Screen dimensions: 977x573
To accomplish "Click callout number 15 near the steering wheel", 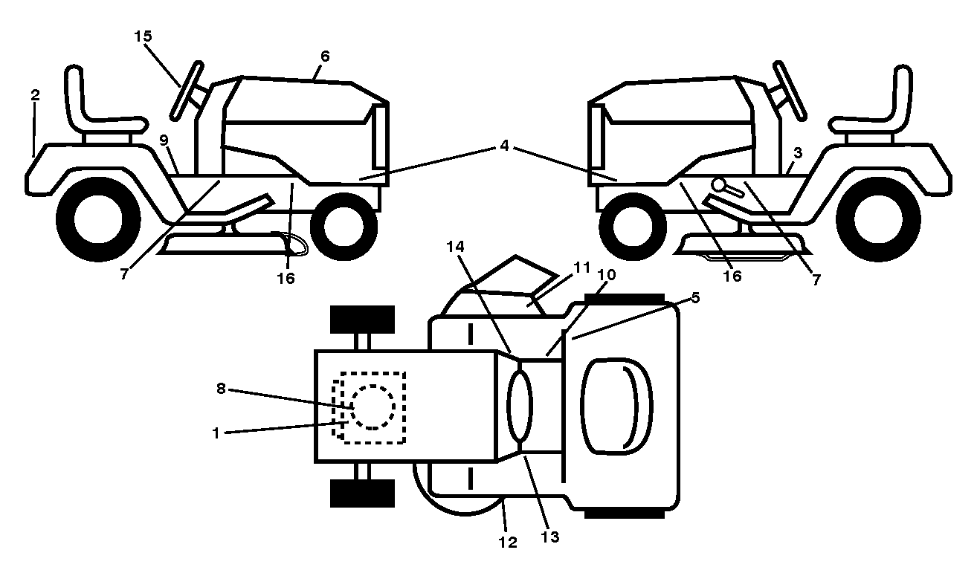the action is pyautogui.click(x=143, y=36).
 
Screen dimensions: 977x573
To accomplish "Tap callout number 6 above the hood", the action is pyautogui.click(x=325, y=56).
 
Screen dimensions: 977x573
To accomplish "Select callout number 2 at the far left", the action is pyautogui.click(x=36, y=95).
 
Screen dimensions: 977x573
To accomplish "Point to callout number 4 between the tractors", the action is pyautogui.click(x=504, y=146).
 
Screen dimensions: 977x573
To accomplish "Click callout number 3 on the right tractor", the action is pyautogui.click(x=798, y=153).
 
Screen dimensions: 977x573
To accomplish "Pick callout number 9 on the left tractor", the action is pyautogui.click(x=164, y=140).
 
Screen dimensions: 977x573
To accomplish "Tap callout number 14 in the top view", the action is pyautogui.click(x=455, y=247).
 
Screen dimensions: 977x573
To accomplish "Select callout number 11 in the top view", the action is pyautogui.click(x=582, y=267).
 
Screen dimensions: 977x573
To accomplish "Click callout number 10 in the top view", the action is pyautogui.click(x=607, y=275).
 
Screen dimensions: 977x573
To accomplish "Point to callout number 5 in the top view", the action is pyautogui.click(x=695, y=298).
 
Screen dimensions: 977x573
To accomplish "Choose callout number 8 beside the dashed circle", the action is pyautogui.click(x=221, y=389).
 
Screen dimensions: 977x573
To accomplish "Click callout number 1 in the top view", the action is pyautogui.click(x=216, y=433).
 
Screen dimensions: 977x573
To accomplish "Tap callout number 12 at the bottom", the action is pyautogui.click(x=508, y=542).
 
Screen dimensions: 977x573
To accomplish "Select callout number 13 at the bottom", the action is pyautogui.click(x=549, y=537).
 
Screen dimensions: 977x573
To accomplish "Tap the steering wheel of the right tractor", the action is pyautogui.click(x=790, y=90).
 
